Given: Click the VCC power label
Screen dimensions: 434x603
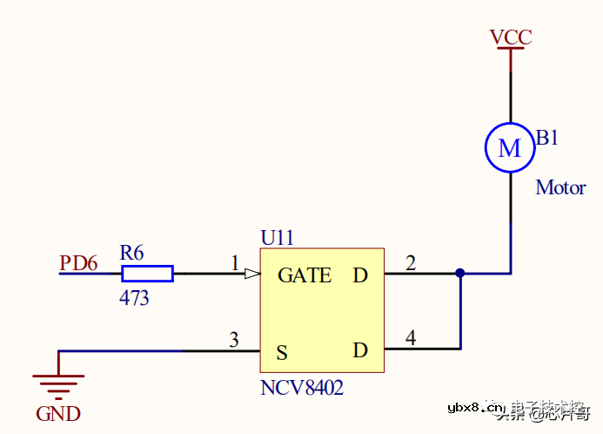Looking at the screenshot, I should point(510,37).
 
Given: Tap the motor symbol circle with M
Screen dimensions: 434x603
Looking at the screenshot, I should point(509,148).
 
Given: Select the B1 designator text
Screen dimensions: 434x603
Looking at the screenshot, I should point(547,138).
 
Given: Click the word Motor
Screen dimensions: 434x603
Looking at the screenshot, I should point(560,187).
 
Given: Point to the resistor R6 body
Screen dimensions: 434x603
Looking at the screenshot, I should point(146,274).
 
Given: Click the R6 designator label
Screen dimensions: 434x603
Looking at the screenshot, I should point(132,253).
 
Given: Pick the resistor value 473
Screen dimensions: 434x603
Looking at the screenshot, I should point(134,298).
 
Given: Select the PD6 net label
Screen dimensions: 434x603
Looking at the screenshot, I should point(78,262).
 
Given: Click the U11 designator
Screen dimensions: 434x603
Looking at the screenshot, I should point(278,237).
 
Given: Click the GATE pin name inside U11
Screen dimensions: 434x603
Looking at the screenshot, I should point(305,275).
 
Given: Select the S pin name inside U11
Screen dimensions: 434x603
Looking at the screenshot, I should point(282,353).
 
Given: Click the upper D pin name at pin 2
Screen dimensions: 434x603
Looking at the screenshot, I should point(360,275).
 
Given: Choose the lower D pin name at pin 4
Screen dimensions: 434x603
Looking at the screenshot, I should point(360,350).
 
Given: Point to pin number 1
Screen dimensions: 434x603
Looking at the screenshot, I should point(234,262).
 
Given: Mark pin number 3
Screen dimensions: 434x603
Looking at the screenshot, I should point(233,340).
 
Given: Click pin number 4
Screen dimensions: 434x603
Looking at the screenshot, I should point(411,338).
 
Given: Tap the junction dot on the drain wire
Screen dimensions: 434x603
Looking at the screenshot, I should point(459,274).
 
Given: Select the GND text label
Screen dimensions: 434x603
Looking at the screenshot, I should point(58,414).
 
